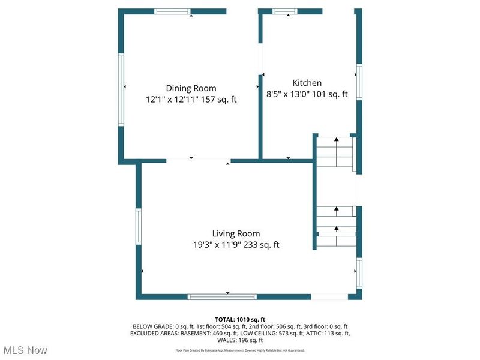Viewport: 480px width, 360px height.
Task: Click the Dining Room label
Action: pyautogui.click(x=191, y=88)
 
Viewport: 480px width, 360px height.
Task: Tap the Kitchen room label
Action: pyautogui.click(x=307, y=83)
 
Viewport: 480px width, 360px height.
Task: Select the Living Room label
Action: pyautogui.click(x=236, y=233)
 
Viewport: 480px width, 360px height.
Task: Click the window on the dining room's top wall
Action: pyautogui.click(x=172, y=11)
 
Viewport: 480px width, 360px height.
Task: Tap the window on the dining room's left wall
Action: pyautogui.click(x=121, y=89)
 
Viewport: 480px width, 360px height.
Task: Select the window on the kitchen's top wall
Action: pyautogui.click(x=285, y=11)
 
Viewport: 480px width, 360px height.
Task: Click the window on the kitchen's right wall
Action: pyautogui.click(x=359, y=82)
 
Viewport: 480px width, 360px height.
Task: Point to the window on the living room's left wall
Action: pyautogui.click(x=138, y=226)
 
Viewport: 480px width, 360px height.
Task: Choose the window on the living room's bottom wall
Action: pyautogui.click(x=222, y=296)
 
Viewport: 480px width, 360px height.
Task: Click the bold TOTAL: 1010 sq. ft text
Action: pyautogui.click(x=240, y=319)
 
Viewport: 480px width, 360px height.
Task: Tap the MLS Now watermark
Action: pyautogui.click(x=25, y=350)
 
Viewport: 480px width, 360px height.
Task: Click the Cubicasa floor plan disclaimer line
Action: pyautogui.click(x=240, y=350)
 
